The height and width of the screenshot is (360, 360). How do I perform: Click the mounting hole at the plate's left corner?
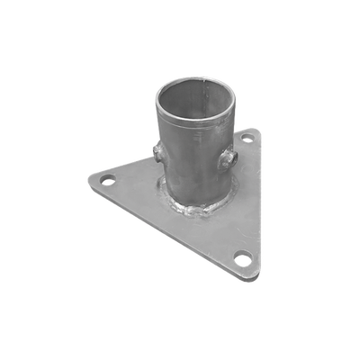[x=106, y=181]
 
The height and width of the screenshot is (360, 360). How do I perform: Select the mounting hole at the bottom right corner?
[x=241, y=260]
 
